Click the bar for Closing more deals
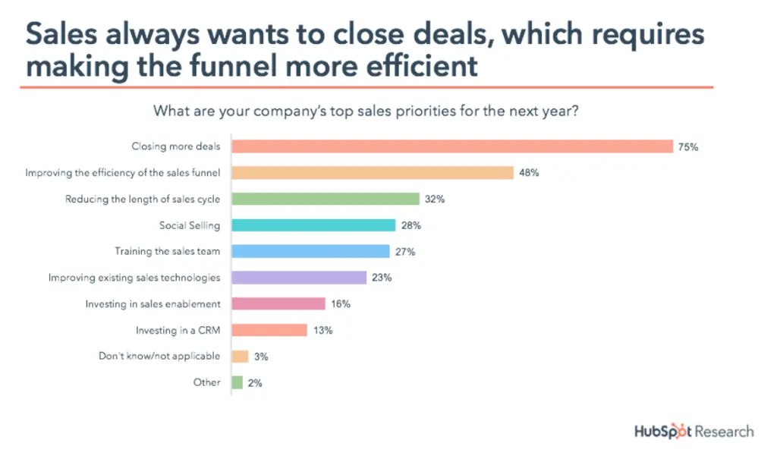click(x=452, y=146)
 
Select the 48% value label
click(x=529, y=173)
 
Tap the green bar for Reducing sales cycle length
click(x=326, y=199)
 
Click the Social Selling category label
click(x=190, y=225)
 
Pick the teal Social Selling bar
click(x=313, y=225)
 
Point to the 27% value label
click(x=404, y=251)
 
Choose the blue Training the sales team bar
click(x=310, y=251)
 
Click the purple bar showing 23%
click(x=299, y=278)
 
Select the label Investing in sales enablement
click(x=153, y=303)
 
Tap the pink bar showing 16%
click(x=278, y=303)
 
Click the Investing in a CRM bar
click(x=269, y=330)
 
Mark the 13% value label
click(x=322, y=330)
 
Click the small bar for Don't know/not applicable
click(x=240, y=356)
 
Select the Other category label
click(x=206, y=382)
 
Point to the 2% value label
click(x=255, y=383)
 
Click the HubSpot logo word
click(x=662, y=432)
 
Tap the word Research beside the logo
click(x=722, y=432)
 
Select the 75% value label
click(x=688, y=147)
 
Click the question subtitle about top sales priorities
click(x=367, y=111)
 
